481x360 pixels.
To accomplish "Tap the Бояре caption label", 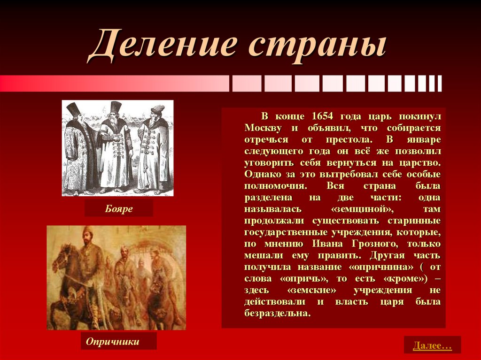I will click(x=119, y=209).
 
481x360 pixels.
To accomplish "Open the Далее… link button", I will click(x=432, y=346).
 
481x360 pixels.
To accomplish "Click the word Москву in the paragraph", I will click(x=263, y=128).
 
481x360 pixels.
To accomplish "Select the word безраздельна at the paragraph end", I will click(x=277, y=313).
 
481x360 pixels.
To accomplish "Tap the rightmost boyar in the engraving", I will click(x=154, y=150).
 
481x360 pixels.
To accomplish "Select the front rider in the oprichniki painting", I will click(x=89, y=258).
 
